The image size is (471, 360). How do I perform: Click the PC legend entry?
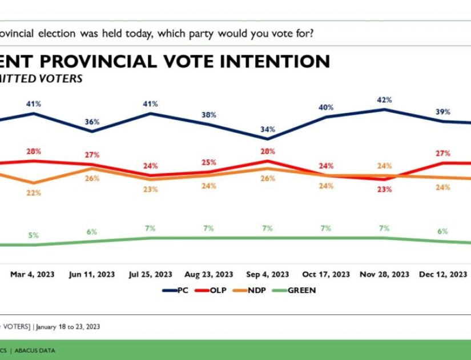tap(176, 290)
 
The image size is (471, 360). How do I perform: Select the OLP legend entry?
tap(212, 290)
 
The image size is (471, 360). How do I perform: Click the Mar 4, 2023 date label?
tap(33, 274)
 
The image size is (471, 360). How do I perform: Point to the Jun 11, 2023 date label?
tap(92, 274)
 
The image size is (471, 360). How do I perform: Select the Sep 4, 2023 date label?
tap(268, 274)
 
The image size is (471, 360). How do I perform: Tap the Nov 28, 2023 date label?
tap(384, 274)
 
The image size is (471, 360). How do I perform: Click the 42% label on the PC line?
tap(384, 99)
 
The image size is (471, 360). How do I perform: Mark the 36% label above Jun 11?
tap(92, 122)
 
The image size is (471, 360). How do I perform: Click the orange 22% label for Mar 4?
tap(33, 193)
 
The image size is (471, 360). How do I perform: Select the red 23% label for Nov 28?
tap(384, 189)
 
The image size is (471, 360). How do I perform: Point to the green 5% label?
tap(33, 235)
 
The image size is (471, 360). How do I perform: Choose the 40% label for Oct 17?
tap(326, 107)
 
